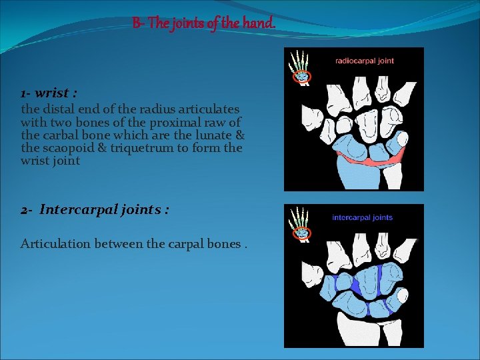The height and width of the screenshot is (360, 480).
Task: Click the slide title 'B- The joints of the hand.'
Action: pyautogui.click(x=203, y=24)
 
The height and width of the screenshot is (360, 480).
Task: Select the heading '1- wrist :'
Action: pyautogui.click(x=47, y=93)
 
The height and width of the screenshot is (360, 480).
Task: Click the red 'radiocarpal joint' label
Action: pyautogui.click(x=364, y=61)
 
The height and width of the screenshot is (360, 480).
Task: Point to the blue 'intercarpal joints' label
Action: pyautogui.click(x=362, y=217)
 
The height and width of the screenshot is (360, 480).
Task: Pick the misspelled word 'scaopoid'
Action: pyautogui.click(x=67, y=148)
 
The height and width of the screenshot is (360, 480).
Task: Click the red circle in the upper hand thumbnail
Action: pyautogui.click(x=302, y=77)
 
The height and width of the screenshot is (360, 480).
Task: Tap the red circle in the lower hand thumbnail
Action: pyautogui.click(x=302, y=233)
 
